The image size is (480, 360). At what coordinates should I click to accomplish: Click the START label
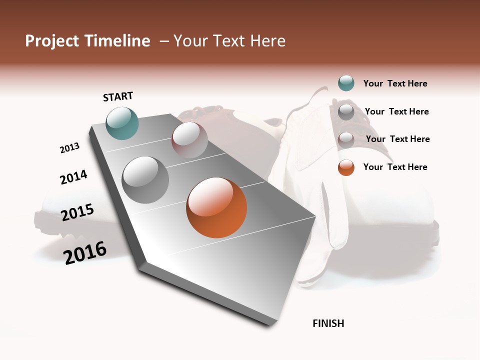(118, 96)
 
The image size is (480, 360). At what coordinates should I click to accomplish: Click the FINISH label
(328, 323)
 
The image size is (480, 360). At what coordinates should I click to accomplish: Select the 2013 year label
(69, 148)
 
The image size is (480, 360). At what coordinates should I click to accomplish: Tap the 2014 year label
(73, 177)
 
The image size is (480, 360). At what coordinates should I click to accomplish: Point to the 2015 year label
(77, 212)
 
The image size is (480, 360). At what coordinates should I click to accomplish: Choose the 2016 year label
(85, 252)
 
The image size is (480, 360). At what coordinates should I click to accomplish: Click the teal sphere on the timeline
(122, 123)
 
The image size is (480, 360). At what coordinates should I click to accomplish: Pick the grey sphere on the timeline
(145, 180)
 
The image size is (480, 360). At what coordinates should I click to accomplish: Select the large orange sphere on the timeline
(216, 207)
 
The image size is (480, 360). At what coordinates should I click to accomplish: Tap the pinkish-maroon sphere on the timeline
(189, 140)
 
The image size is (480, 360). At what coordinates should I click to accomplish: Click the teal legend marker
(346, 83)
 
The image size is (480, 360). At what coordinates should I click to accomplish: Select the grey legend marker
(346, 111)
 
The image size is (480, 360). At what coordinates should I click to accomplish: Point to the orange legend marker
(346, 167)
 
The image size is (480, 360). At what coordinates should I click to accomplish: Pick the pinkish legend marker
(346, 139)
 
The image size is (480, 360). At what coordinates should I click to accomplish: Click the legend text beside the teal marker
(395, 84)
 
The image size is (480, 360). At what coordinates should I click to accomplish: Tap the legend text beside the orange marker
(395, 167)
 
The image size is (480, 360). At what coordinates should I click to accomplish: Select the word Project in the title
(52, 41)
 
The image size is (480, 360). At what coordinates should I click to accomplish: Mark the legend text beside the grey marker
(396, 111)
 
